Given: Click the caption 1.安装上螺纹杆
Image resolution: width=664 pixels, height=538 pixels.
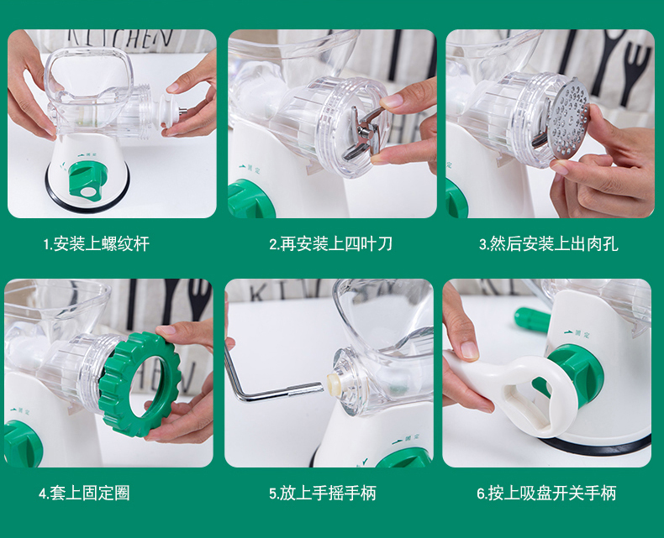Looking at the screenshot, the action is [x=97, y=244].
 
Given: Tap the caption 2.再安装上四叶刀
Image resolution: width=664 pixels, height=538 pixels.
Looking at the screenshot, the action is [x=330, y=244].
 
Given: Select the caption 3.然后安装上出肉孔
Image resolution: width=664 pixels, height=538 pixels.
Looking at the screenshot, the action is [x=548, y=244].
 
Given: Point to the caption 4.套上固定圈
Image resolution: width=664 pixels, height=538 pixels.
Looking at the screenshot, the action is [x=84, y=494].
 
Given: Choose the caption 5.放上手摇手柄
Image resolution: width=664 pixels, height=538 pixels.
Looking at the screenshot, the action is [x=323, y=494].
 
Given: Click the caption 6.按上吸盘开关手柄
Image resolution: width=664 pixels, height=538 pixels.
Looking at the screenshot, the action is [x=546, y=494].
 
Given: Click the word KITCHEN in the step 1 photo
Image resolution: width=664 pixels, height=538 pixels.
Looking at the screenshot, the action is [x=120, y=38].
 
